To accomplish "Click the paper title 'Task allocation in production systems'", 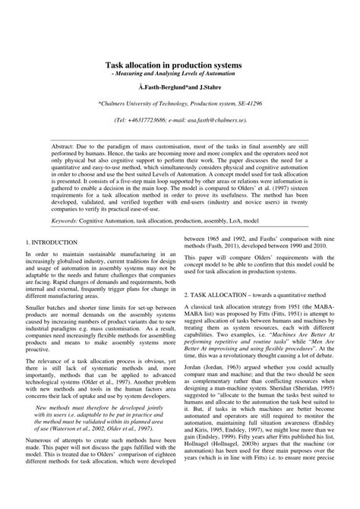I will click(179, 66).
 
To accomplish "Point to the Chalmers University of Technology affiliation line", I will click(179, 104).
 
